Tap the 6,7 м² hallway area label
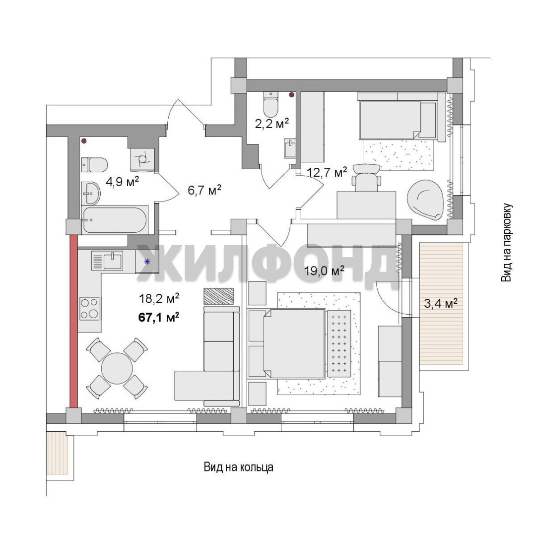[204, 190]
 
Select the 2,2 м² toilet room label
[272, 123]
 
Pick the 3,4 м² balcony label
[441, 303]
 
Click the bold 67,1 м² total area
[159, 317]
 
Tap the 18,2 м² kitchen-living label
[159, 299]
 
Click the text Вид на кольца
[239, 467]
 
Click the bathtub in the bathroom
[115, 220]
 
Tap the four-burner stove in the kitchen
[89, 309]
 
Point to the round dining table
[117, 368]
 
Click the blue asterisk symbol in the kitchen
[147, 262]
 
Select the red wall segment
[73, 321]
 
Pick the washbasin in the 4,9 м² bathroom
[91, 193]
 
